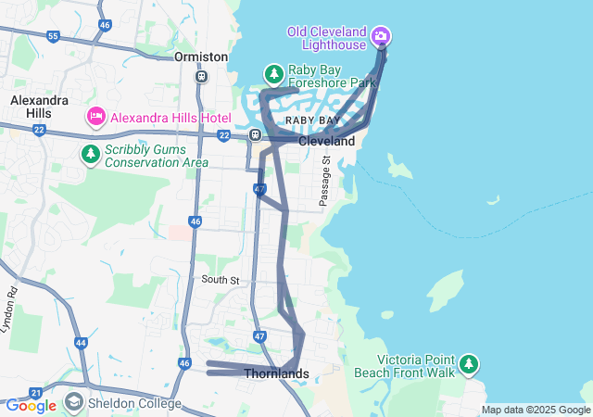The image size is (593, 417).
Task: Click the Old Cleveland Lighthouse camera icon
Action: pyautogui.click(x=380, y=36)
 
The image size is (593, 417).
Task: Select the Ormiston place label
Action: pyautogui.click(x=201, y=57)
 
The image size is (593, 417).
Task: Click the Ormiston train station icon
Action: pyautogui.click(x=201, y=76)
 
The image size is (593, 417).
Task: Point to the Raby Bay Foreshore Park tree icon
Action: pyautogui.click(x=273, y=72)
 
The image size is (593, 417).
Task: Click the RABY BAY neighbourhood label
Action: pyautogui.click(x=312, y=120)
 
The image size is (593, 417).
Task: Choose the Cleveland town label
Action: pyautogui.click(x=326, y=142)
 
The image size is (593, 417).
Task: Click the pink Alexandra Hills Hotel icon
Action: pyautogui.click(x=95, y=117)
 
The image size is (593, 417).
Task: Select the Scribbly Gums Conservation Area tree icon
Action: pyautogui.click(x=90, y=153)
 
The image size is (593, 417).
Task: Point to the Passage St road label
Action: pyautogui.click(x=325, y=181)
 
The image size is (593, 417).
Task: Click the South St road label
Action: pyautogui.click(x=221, y=279)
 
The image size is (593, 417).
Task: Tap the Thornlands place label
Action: pyautogui.click(x=276, y=373)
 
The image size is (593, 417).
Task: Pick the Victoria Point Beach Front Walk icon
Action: pyautogui.click(x=471, y=363)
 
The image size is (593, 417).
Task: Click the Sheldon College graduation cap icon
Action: pyautogui.click(x=73, y=403)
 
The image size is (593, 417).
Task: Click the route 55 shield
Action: pyautogui.click(x=53, y=37)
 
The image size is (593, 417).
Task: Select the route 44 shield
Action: pyautogui.click(x=82, y=343)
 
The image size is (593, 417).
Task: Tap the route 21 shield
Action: pyautogui.click(x=35, y=393)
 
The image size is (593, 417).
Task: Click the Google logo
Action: pyautogui.click(x=31, y=406)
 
